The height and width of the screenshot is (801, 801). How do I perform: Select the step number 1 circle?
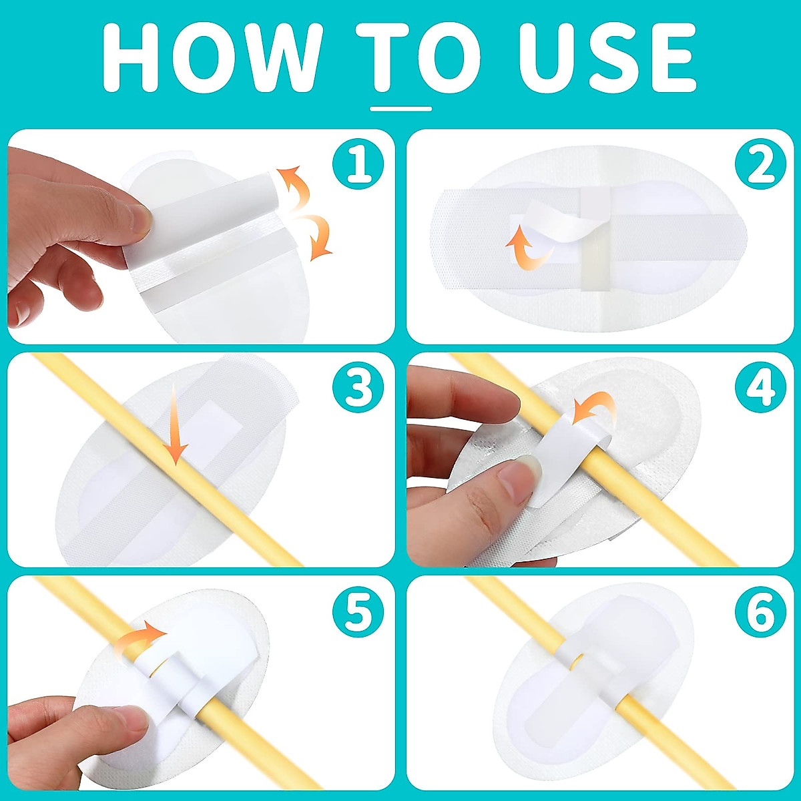pos(358,164)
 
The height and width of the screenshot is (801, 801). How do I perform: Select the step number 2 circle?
pos(760,164)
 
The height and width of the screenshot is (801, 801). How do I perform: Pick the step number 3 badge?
pos(358,387)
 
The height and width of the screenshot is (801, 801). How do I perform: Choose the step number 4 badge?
pos(760,387)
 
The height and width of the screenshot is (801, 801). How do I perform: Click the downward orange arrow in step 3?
pos(174,427)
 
